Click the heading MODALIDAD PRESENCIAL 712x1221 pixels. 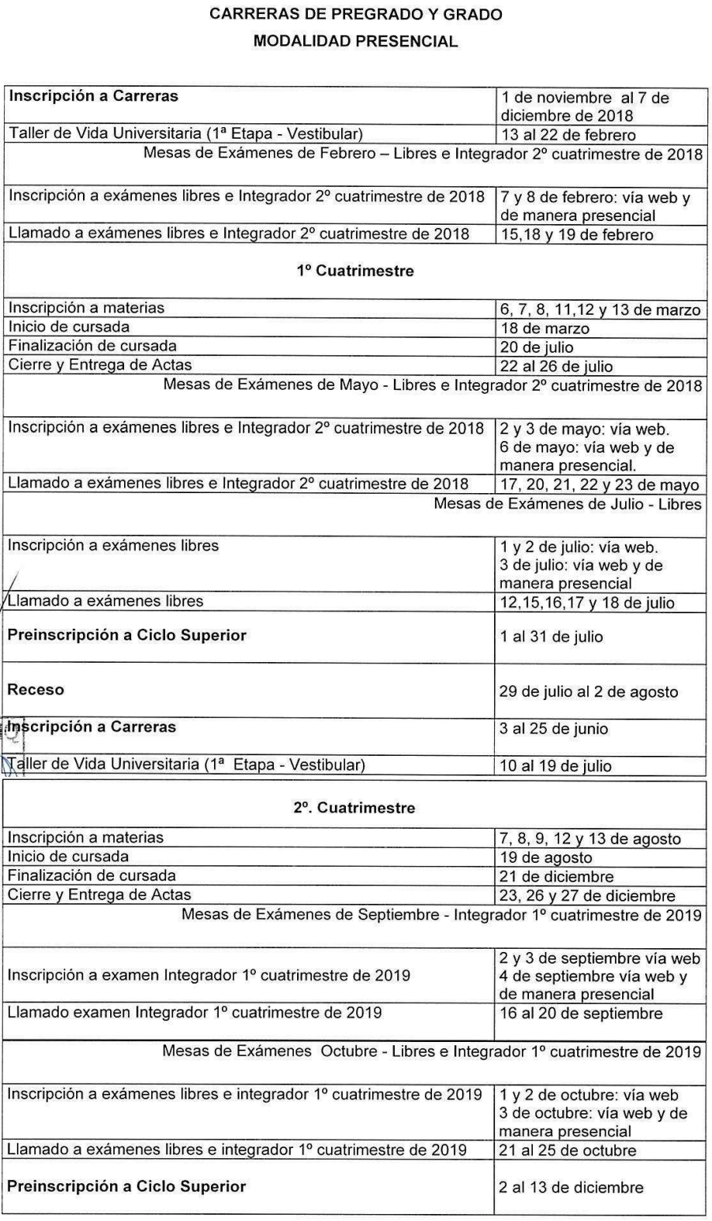point(356,42)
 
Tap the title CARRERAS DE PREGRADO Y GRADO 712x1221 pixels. point(356,16)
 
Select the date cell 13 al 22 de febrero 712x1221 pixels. point(568,135)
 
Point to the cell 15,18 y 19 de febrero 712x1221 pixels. point(576,234)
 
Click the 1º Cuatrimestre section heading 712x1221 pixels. point(355,271)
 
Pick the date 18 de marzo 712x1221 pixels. point(544,328)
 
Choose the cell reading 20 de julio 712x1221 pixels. point(537,347)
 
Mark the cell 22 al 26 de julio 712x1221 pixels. point(556,366)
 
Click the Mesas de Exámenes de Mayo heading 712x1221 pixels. point(432,385)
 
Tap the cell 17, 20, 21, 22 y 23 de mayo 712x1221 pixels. point(599,485)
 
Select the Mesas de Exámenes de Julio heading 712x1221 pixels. point(567,505)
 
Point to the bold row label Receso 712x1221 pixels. point(36,689)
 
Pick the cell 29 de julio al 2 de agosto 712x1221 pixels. point(589,692)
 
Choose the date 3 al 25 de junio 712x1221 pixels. point(554,729)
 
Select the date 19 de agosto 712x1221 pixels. point(545,857)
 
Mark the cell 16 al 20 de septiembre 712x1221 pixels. point(581,1013)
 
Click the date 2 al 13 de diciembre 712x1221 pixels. point(571,1187)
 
